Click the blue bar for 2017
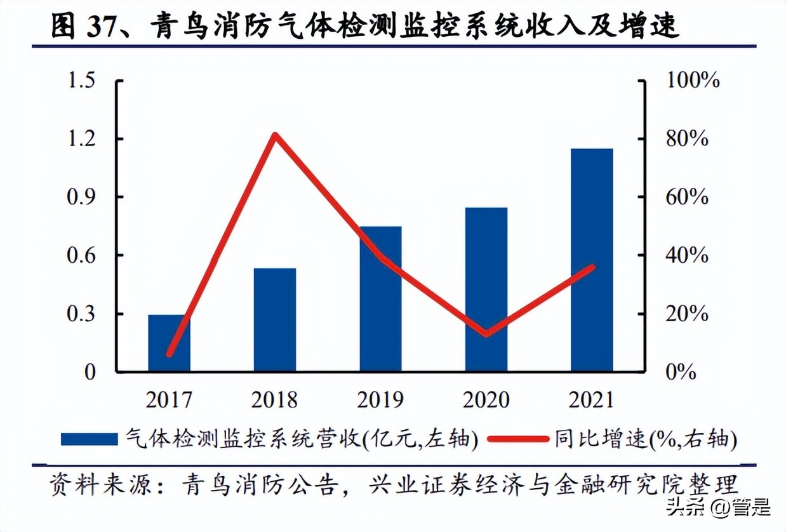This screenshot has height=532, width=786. (x=169, y=343)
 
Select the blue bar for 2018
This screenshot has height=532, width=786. (x=274, y=320)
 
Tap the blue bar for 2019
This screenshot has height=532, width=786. (x=380, y=298)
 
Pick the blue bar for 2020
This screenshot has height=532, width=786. (x=486, y=289)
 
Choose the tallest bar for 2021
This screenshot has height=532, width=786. (x=592, y=260)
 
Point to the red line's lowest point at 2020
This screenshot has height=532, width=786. (x=486, y=333)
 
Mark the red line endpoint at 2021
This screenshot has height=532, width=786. (x=592, y=267)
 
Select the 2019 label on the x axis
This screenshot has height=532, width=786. (x=380, y=400)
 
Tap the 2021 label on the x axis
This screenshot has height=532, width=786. (x=592, y=400)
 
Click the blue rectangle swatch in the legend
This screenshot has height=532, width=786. (x=89, y=439)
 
